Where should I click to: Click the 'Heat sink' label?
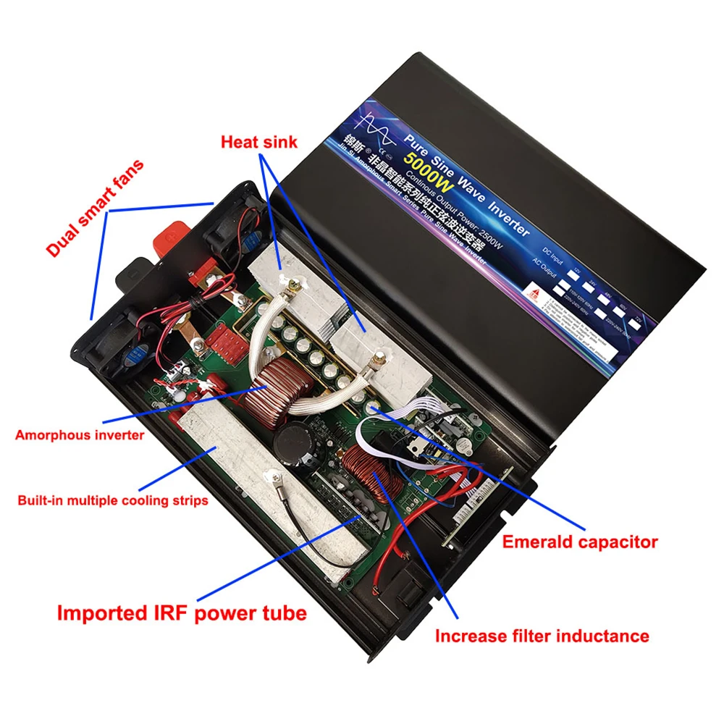(258, 142)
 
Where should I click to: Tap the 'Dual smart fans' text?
(95, 209)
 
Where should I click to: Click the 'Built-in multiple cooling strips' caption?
(112, 500)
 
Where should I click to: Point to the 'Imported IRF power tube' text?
(182, 613)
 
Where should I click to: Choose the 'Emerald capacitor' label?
(580, 542)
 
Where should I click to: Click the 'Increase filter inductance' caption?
(542, 636)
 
